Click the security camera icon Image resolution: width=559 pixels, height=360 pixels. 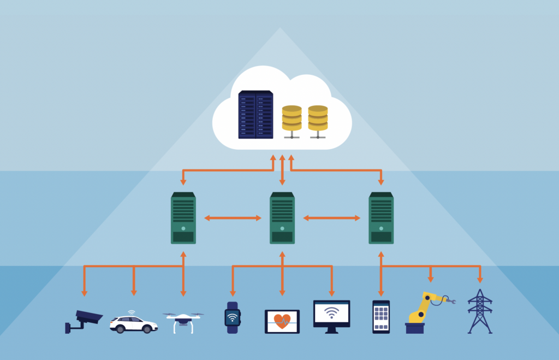tap(85, 320)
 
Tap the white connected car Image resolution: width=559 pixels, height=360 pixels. tap(133, 323)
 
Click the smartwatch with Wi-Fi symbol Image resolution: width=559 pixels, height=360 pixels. tap(233, 317)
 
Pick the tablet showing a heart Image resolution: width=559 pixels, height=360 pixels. tap(282, 321)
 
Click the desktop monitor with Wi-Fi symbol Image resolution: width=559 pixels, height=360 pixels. tap(331, 315)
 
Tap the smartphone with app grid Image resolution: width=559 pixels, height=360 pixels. tap(381, 316)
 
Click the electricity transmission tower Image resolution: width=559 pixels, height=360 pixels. tap(480, 311)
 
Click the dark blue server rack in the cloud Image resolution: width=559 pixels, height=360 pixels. tap(255, 115)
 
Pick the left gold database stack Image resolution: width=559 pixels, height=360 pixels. tap(292, 119)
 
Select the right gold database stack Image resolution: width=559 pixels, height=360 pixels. tap(318, 119)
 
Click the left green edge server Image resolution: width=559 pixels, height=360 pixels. tap(183, 217)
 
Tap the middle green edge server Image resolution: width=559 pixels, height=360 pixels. tap(282, 217)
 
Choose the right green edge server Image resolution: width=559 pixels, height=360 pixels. tap(381, 217)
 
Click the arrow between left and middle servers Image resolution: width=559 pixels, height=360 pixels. tap(233, 218)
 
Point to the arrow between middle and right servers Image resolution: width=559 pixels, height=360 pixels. tap(331, 218)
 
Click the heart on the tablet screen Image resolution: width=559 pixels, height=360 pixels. tap(282, 321)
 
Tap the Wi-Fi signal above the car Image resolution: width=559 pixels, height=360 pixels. tap(132, 313)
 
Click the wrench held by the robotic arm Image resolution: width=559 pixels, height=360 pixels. tap(449, 300)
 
